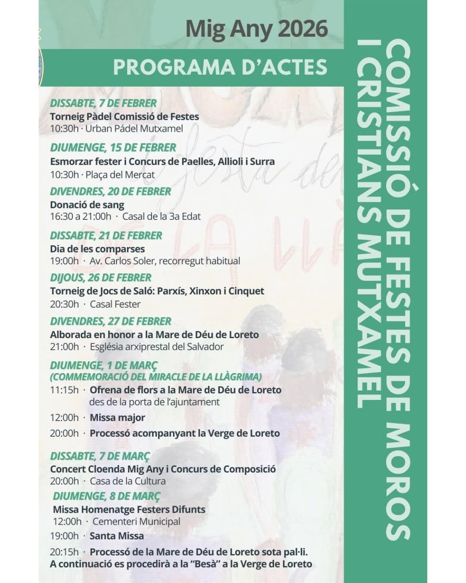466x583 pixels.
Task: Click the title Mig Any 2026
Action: tap(257, 29)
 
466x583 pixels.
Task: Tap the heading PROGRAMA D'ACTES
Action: tap(220, 67)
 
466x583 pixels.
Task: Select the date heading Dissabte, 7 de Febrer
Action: tap(103, 104)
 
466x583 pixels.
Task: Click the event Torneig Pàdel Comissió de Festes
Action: tap(124, 117)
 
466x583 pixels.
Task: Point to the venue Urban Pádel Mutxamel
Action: tap(134, 129)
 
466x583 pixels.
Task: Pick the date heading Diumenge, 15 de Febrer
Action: tap(113, 148)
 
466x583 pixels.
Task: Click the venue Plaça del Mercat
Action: tap(120, 175)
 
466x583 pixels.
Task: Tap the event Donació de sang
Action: tap(87, 205)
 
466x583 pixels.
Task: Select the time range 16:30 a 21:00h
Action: tap(81, 216)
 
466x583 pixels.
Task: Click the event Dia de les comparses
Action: tap(98, 249)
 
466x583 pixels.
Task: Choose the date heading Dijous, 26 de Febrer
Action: tap(101, 278)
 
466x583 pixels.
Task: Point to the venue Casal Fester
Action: tap(115, 304)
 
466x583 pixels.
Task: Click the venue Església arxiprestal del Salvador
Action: tap(157, 347)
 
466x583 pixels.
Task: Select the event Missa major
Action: tap(117, 418)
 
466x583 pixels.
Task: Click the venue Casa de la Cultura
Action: tap(128, 481)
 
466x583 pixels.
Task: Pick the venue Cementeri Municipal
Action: tap(136, 522)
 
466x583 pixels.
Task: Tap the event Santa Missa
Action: tap(117, 536)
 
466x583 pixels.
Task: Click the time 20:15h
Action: tap(64, 552)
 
